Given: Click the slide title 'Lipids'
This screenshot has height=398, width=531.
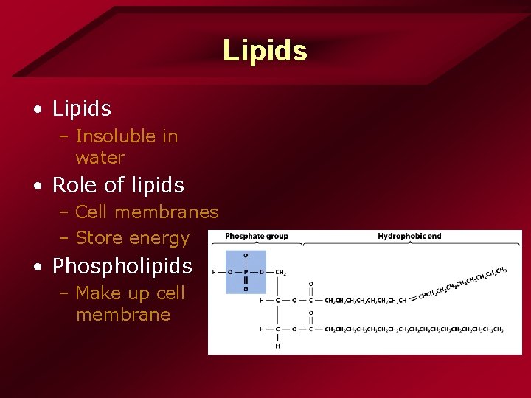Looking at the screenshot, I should tap(265, 51).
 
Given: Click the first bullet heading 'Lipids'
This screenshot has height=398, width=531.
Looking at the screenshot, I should tap(82, 109).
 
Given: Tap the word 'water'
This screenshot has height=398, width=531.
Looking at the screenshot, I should tap(100, 158).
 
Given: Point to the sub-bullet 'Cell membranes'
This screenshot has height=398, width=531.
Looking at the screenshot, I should tap(147, 212).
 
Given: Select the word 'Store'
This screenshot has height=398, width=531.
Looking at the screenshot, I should tap(100, 238).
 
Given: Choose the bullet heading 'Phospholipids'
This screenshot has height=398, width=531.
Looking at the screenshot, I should tap(122, 266).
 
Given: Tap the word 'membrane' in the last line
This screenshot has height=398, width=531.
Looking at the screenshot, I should tap(122, 315).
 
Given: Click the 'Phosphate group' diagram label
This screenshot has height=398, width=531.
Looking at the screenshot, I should tap(256, 237).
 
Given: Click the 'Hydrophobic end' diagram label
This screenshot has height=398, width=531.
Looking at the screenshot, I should tap(409, 237).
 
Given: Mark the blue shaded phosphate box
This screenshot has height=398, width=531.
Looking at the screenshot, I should tap(246, 272).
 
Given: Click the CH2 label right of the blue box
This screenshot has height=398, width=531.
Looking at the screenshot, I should tap(281, 273).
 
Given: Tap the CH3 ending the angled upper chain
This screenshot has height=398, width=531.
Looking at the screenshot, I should tap(502, 270).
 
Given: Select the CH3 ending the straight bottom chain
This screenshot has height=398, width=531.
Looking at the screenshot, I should tap(498, 329).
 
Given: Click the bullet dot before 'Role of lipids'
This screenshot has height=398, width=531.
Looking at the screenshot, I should tap(37, 186).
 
